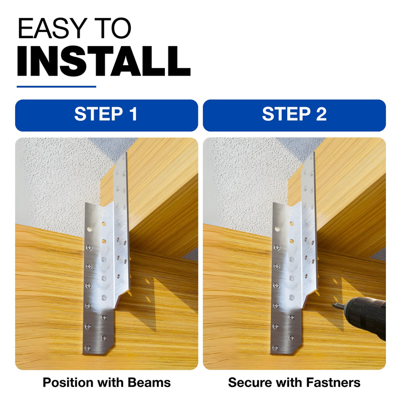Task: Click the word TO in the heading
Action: (x=113, y=28)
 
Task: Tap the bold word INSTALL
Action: (x=104, y=61)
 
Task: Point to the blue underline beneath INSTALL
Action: (x=56, y=87)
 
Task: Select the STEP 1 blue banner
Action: (x=106, y=115)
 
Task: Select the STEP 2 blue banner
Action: (x=294, y=115)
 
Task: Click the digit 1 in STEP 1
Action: (x=133, y=114)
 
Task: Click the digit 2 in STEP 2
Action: (x=321, y=114)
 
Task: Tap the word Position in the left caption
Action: (x=68, y=382)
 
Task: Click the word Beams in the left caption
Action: (x=149, y=382)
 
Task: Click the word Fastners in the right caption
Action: (x=333, y=382)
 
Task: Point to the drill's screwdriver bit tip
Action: (x=332, y=304)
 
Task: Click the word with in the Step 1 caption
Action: (x=110, y=382)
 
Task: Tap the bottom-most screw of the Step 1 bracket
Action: (x=88, y=348)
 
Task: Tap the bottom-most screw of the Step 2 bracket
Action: (x=275, y=348)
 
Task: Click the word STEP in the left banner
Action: (x=98, y=114)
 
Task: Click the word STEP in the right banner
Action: (x=286, y=114)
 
